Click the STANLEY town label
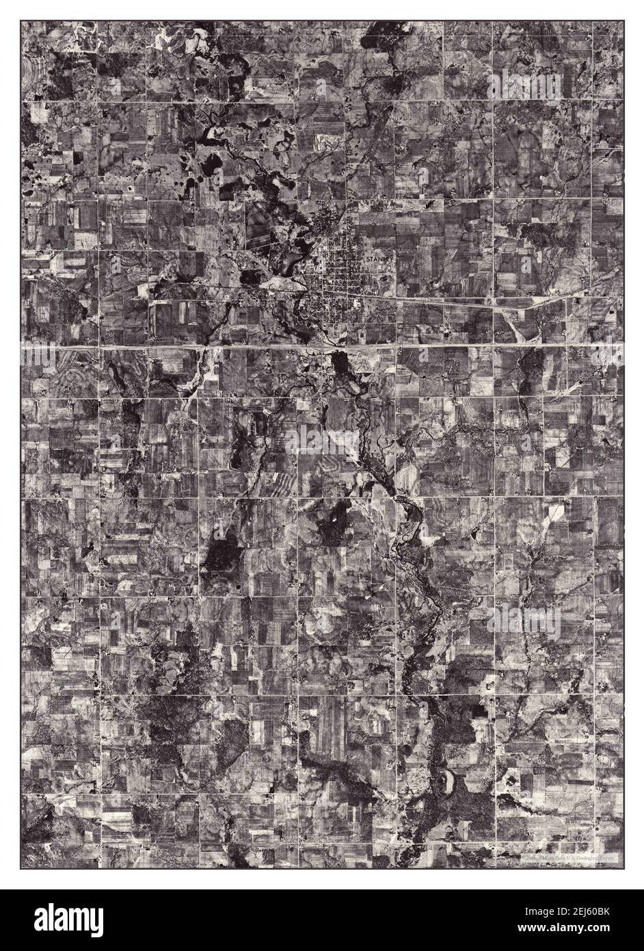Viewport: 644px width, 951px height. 380,262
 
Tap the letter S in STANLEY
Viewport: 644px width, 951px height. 368,262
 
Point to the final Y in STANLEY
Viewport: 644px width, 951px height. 392,262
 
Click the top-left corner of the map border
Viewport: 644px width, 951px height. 21,21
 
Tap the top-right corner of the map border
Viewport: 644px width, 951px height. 623,21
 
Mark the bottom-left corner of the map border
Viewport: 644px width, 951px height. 21,869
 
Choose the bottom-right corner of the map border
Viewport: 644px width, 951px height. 623,869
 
